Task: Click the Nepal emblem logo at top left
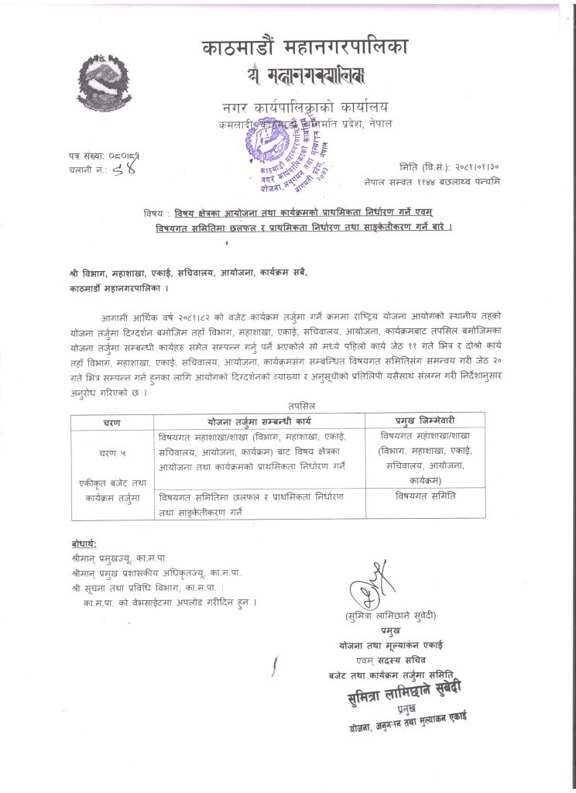click(x=107, y=79)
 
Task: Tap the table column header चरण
click(x=111, y=423)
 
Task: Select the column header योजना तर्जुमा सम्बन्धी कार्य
click(x=258, y=423)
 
